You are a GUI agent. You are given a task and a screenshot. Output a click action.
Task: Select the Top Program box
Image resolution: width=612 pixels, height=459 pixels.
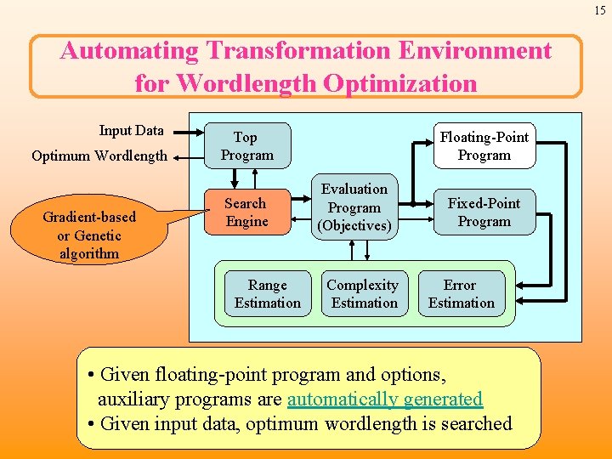click(x=246, y=146)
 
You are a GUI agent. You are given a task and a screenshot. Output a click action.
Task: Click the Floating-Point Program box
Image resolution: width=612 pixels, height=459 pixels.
click(x=484, y=146)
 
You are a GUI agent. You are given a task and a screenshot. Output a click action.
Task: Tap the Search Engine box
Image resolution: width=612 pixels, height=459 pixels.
click(x=246, y=212)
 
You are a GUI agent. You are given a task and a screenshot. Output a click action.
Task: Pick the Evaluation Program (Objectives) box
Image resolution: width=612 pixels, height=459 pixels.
click(x=354, y=208)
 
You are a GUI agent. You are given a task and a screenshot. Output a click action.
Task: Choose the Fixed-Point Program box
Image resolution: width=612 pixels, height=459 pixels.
click(x=484, y=212)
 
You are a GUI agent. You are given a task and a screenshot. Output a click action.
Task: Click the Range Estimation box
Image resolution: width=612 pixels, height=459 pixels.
click(x=268, y=294)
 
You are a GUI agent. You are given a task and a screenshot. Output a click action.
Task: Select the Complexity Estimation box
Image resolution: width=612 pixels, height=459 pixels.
click(x=363, y=294)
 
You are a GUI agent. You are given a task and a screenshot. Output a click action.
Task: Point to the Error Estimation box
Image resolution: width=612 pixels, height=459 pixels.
click(x=461, y=294)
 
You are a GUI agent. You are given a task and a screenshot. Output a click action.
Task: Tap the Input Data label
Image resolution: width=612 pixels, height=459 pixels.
click(x=131, y=131)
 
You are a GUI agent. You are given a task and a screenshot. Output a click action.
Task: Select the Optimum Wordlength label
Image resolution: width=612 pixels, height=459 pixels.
click(x=99, y=156)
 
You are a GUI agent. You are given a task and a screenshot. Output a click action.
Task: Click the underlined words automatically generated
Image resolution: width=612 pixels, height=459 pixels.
click(x=385, y=399)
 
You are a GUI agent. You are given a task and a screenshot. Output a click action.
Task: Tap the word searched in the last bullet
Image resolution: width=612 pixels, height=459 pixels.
click(x=473, y=423)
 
